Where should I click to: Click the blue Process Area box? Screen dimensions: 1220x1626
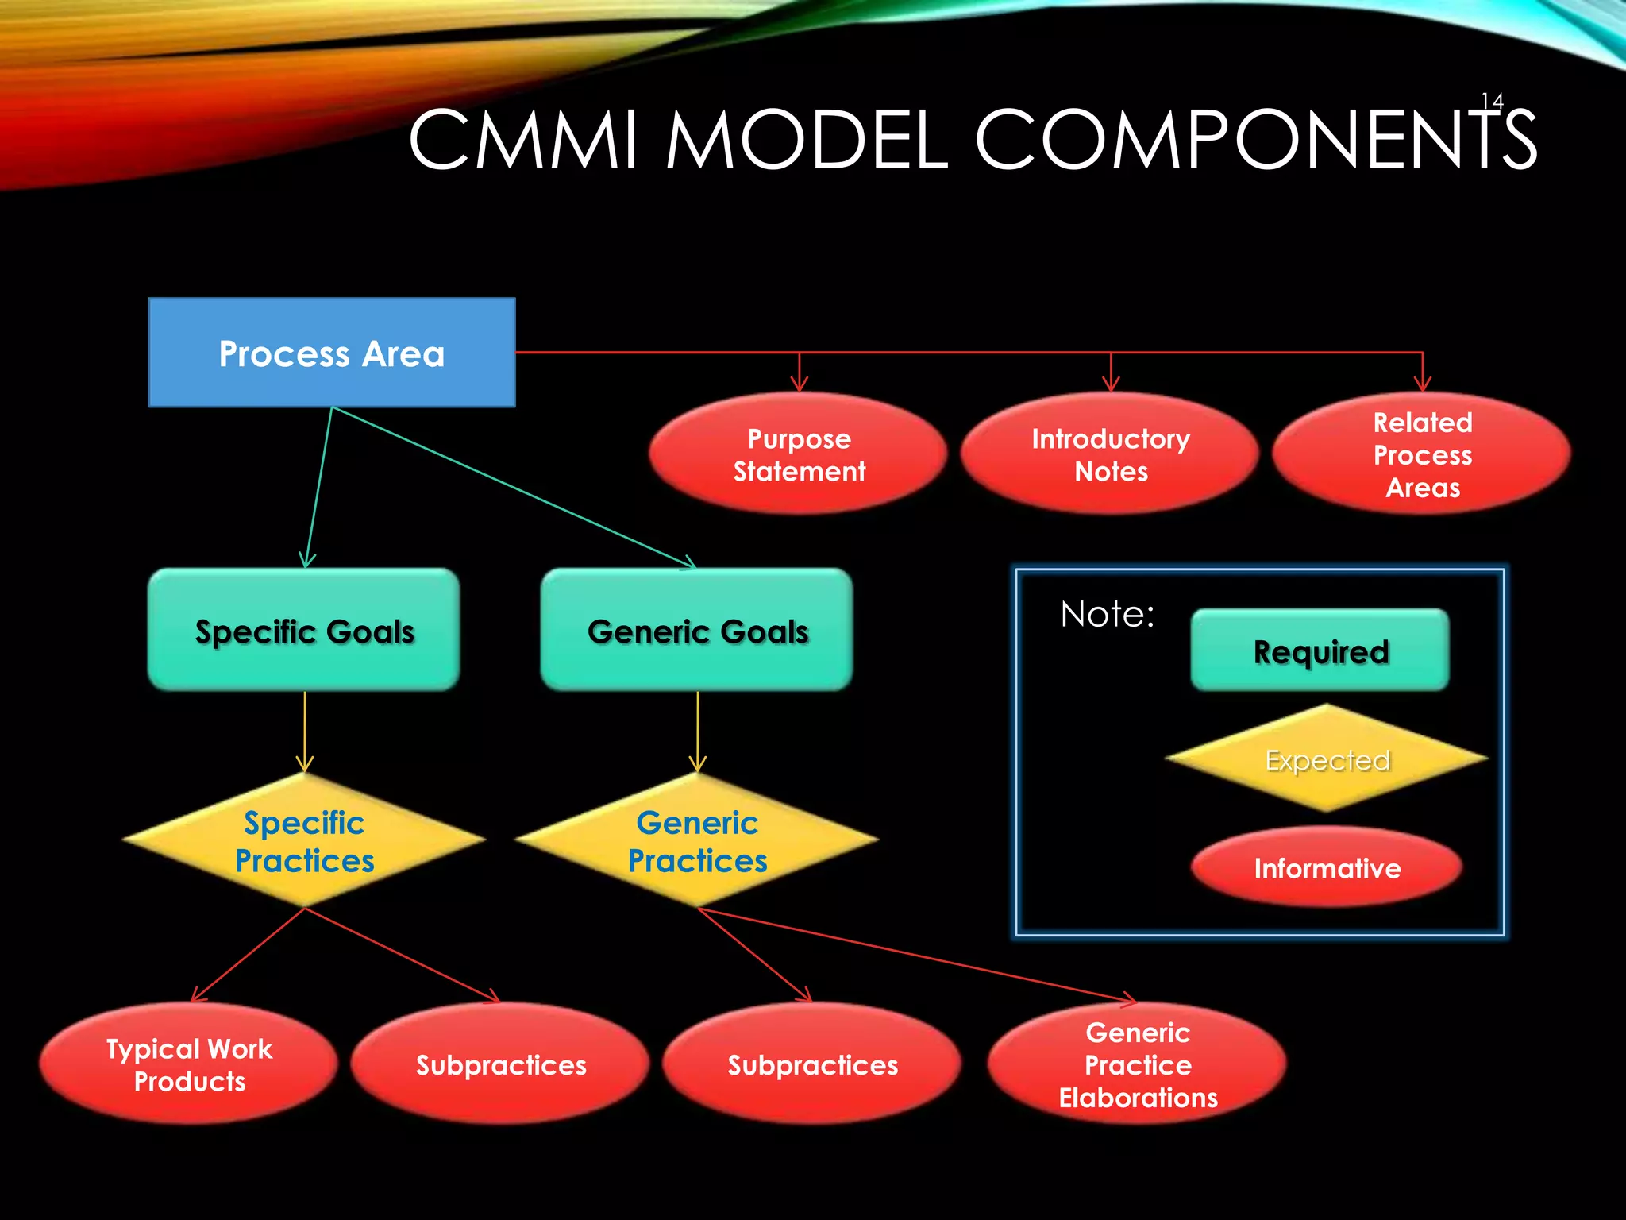[332, 353]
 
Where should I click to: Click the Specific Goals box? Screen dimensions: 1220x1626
[304, 630]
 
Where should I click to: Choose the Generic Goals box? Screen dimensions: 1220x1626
[697, 630]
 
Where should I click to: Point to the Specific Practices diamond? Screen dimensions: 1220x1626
[304, 840]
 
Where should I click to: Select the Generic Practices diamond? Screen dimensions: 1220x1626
[697, 840]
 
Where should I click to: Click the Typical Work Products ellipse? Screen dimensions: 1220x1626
[189, 1064]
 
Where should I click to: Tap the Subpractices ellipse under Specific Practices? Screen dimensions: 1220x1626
[500, 1064]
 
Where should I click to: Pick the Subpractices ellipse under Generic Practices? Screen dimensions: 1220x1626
[812, 1064]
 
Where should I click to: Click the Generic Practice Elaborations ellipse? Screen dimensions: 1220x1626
[1137, 1064]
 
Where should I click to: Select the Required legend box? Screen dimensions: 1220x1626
[1320, 651]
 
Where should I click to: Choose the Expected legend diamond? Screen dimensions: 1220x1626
[1327, 759]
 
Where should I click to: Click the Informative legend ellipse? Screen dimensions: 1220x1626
[1327, 867]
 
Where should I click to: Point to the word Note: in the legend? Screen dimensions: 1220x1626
[1107, 614]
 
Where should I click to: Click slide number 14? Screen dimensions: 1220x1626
[1492, 102]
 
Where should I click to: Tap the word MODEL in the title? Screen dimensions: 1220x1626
[806, 141]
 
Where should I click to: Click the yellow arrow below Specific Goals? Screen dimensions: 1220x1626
[305, 731]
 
